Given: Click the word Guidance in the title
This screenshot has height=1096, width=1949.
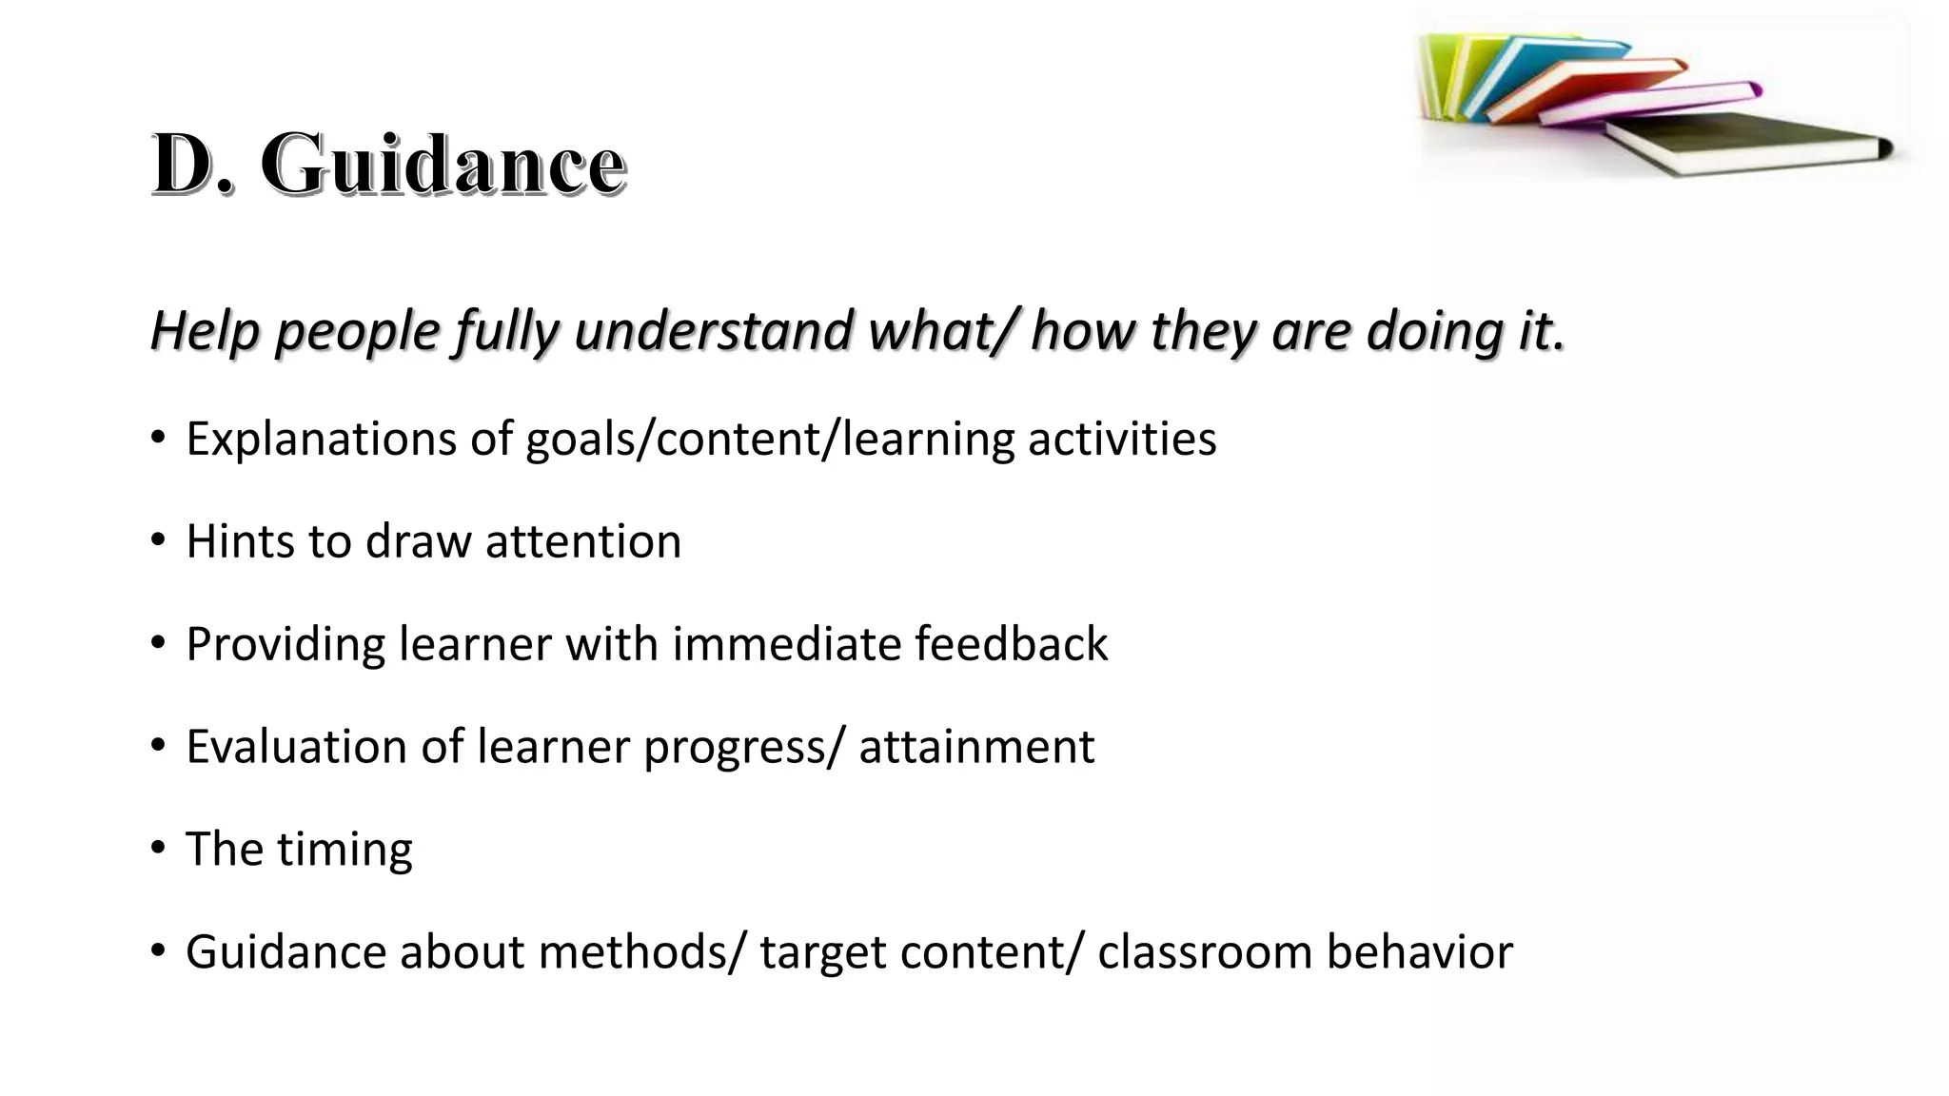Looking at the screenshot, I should click(x=443, y=165).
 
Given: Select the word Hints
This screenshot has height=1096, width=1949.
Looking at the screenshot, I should click(x=240, y=541).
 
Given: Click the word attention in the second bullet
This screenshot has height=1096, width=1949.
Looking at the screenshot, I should click(x=582, y=541).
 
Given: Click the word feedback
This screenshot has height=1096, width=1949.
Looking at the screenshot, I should click(x=1011, y=644).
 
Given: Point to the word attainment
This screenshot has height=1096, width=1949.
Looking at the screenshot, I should click(x=976, y=747).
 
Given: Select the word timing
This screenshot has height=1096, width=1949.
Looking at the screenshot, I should click(x=345, y=850).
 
